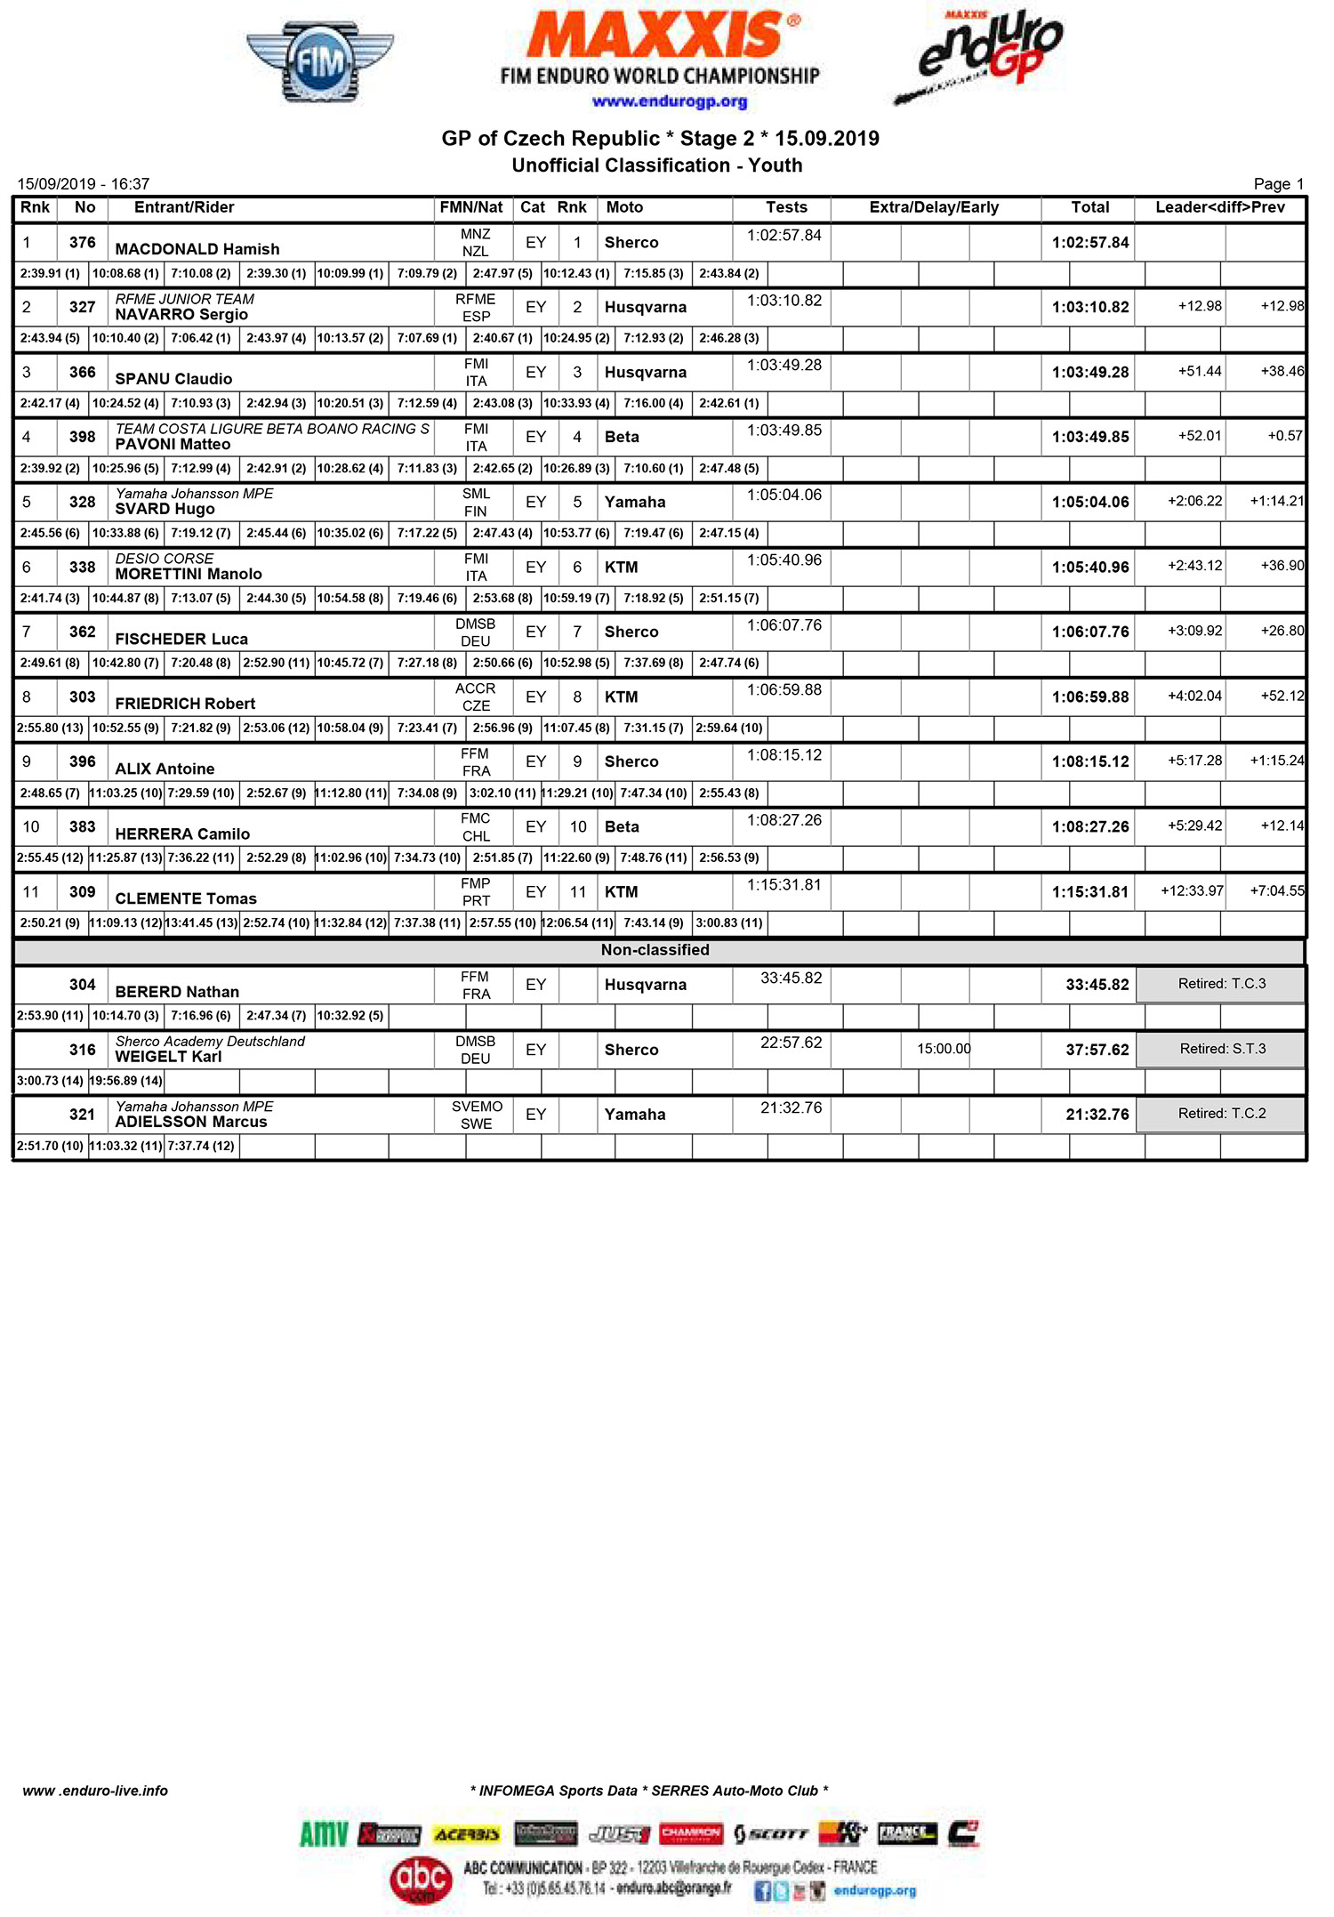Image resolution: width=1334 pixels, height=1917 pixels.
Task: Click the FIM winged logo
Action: [320, 62]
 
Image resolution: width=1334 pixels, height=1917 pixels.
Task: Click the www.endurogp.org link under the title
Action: [670, 101]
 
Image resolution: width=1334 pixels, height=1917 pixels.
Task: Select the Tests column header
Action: [786, 207]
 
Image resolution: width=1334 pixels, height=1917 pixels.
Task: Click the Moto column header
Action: [624, 207]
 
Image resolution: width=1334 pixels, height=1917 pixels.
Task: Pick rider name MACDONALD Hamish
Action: [197, 249]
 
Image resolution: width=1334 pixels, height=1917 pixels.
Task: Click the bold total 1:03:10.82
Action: [1090, 307]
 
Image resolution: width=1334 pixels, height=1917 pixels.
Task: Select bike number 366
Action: [82, 372]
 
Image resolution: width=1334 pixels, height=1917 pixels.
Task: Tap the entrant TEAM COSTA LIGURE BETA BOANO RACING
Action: [272, 429]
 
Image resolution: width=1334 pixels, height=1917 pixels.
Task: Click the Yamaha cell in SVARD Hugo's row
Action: [635, 502]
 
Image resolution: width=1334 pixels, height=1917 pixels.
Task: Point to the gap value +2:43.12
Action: [1194, 566]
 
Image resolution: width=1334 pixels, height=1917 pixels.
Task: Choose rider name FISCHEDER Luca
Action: [181, 639]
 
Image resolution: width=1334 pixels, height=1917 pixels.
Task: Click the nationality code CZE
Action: [476, 705]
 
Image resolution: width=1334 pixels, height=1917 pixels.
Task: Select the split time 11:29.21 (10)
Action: [578, 793]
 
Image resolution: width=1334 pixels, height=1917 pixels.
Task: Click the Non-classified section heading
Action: [655, 950]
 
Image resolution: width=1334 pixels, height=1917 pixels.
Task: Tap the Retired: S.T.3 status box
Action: [1222, 1049]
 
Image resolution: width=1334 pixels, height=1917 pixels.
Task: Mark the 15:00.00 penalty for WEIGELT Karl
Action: [944, 1049]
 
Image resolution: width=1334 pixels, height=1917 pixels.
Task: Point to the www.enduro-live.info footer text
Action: [95, 1791]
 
